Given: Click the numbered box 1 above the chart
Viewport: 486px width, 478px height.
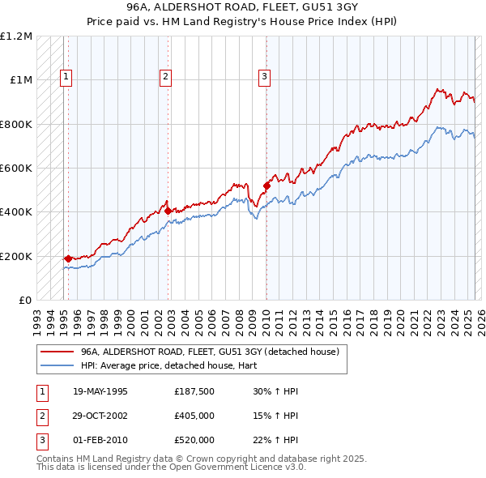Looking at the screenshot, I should tap(66, 78).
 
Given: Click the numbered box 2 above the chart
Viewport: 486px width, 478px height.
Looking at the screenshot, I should tap(165, 78).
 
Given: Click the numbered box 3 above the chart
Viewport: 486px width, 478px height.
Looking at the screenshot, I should tap(264, 78).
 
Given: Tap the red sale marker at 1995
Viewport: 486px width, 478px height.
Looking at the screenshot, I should tap(68, 258).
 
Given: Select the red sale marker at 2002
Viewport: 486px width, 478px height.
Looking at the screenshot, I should tap(168, 211).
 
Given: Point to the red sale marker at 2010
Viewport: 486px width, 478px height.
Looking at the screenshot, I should tap(266, 186).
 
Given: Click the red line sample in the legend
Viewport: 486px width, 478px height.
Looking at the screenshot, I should tap(57, 351).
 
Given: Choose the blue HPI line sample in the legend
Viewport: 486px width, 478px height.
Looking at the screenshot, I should tap(57, 365).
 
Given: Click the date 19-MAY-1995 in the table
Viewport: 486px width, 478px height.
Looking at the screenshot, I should tap(100, 391).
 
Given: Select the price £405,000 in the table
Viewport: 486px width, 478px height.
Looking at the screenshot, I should tap(194, 416).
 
